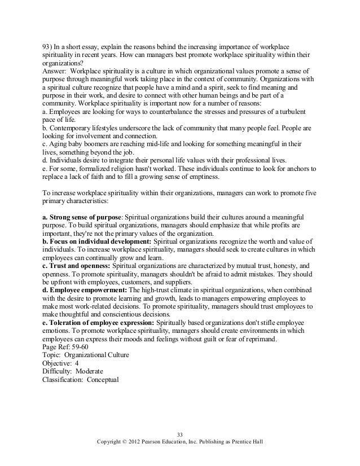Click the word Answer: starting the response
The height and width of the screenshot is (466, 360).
(55, 72)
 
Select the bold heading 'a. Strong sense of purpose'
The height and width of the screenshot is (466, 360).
(82, 217)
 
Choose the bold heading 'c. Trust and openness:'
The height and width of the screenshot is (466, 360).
(77, 266)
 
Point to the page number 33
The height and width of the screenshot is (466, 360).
(179, 433)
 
